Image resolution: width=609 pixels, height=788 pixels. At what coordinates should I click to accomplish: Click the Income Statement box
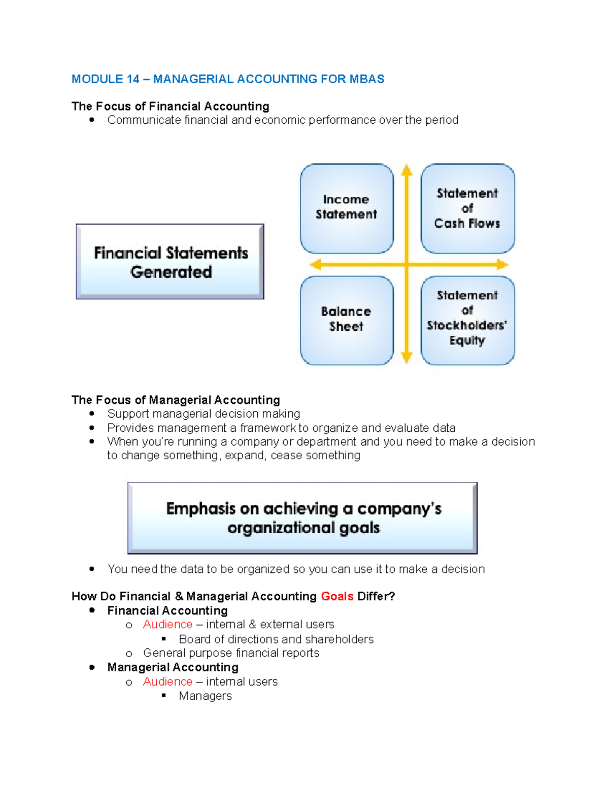click(x=347, y=208)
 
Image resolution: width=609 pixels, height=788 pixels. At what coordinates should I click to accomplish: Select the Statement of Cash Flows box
click(x=467, y=208)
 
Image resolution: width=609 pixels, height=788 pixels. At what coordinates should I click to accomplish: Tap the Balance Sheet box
click(x=347, y=320)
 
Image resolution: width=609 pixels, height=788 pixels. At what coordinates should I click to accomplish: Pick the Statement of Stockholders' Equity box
click(x=467, y=320)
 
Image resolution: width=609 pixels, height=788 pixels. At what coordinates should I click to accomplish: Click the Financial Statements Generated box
click(x=170, y=262)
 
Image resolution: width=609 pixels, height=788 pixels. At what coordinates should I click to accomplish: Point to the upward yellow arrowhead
click(x=407, y=169)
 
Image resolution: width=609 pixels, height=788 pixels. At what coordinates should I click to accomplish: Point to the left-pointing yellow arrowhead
click(x=315, y=264)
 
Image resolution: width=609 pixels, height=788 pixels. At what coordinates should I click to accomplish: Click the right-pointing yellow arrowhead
click(x=502, y=264)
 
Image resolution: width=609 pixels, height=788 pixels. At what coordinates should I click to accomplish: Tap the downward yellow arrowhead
click(x=407, y=358)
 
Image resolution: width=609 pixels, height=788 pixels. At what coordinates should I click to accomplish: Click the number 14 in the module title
click(x=133, y=79)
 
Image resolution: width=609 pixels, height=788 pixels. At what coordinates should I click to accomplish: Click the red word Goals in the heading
click(x=337, y=596)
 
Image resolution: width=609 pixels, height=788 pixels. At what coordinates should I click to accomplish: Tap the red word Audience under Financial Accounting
click(x=167, y=625)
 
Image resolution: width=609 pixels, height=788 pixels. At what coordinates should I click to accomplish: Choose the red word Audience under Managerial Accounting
click(x=167, y=682)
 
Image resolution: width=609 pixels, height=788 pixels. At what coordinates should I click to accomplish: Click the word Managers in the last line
click(x=205, y=696)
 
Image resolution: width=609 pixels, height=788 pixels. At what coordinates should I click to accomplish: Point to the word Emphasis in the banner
click(x=201, y=509)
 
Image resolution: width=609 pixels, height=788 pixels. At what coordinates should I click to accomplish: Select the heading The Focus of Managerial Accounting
click(x=176, y=400)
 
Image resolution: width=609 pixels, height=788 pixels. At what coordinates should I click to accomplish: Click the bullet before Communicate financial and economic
click(x=92, y=120)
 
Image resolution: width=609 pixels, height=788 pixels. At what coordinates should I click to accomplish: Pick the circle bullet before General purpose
click(x=129, y=654)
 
